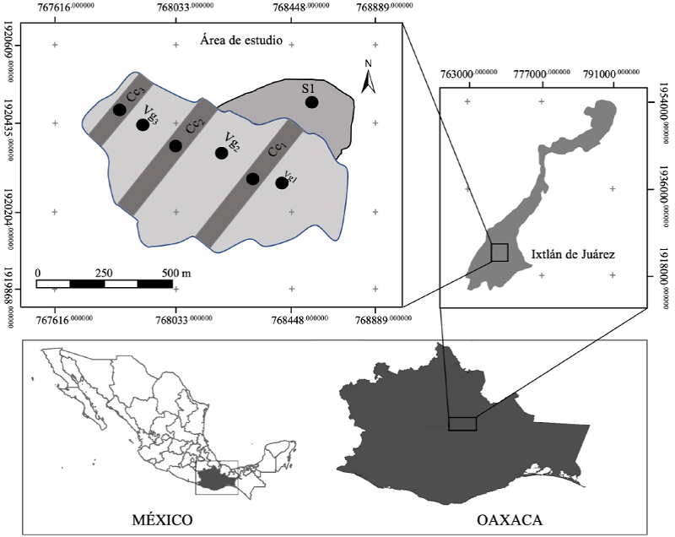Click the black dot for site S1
click(311, 102)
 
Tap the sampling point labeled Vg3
click(143, 125)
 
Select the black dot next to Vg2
click(221, 153)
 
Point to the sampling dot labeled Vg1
click(282, 182)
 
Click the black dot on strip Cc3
click(120, 110)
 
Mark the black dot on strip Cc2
click(175, 145)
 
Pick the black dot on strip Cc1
click(252, 178)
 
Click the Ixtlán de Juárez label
click(573, 252)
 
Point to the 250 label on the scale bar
click(105, 273)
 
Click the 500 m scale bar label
click(175, 273)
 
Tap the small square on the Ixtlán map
click(499, 252)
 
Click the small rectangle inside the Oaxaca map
click(462, 424)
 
